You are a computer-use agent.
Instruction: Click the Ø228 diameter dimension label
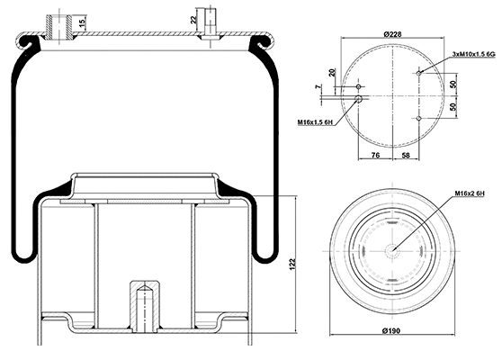[392, 34]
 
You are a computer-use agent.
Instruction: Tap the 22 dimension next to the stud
[193, 18]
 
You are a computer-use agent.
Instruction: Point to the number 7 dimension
[318, 87]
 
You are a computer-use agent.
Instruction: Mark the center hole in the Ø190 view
[392, 251]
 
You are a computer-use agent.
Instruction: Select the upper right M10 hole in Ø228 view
[420, 71]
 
